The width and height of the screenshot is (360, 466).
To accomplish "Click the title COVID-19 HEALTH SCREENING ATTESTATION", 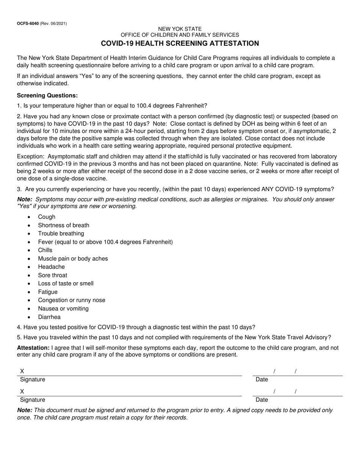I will tap(180, 43).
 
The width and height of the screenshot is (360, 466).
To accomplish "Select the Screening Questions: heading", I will tap(47, 95).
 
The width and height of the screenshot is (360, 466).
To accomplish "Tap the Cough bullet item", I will tap(47, 217).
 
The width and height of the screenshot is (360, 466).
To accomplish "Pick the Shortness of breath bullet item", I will tap(64, 225).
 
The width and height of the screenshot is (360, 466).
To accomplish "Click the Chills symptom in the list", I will tap(45, 250).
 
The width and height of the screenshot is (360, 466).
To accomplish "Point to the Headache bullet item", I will tap(51, 267).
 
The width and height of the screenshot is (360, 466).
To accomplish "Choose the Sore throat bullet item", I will tap(52, 275).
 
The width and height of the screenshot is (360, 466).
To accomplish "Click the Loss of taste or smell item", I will tap(66, 283).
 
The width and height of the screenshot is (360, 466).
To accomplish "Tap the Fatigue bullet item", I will tap(48, 292).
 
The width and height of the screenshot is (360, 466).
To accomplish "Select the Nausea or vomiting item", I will tap(63, 308).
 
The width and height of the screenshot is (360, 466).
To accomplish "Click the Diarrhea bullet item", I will tap(49, 317).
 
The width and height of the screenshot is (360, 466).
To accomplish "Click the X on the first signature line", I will tap(22, 371).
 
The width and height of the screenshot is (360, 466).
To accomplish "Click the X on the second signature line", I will tap(22, 391).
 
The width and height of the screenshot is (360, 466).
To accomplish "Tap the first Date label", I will tap(262, 379).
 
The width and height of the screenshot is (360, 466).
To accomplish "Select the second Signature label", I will tap(33, 399).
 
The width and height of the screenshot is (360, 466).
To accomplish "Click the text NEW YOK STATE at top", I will tap(180, 29).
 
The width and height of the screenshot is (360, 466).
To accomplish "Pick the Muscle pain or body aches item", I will tap(73, 258).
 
